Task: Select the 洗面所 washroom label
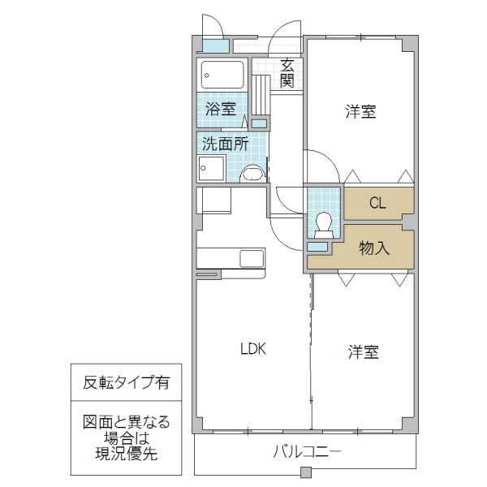tap(225, 144)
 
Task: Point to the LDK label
tap(252, 350)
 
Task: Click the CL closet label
tap(377, 203)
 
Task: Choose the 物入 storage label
tap(374, 248)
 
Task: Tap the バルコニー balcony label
tap(307, 450)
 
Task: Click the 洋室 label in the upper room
tap(360, 112)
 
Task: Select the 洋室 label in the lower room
tap(364, 352)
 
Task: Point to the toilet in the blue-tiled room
tap(323, 222)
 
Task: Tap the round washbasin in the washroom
tap(252, 172)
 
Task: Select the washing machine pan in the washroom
tap(210, 168)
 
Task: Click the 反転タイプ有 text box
tap(121, 382)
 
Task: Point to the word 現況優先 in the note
tap(121, 453)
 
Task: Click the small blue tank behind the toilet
tap(317, 246)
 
